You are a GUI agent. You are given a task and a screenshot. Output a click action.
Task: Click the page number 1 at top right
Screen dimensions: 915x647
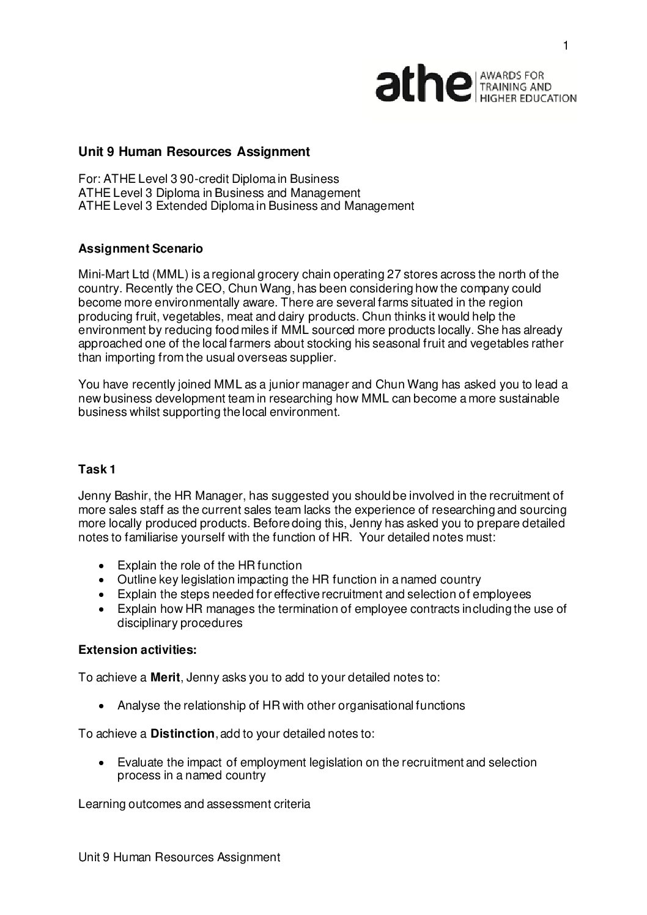(566, 46)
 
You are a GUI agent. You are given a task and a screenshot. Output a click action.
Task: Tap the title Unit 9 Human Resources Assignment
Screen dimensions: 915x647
(194, 151)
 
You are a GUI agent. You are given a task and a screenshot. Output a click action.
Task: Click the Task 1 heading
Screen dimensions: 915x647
(97, 470)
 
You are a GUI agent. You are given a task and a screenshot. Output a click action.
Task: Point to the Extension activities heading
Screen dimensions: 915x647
(138, 650)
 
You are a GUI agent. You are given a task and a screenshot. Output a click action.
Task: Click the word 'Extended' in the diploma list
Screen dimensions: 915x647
(178, 206)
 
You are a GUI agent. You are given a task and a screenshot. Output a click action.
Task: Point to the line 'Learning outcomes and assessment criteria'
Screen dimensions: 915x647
(194, 804)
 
